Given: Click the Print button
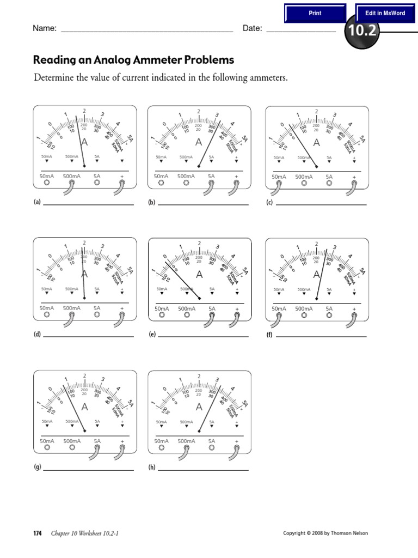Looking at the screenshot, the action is click(315, 13).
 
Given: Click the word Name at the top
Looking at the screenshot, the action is click(45, 28).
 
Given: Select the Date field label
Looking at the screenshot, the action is click(252, 28).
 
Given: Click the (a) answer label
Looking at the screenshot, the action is click(37, 202).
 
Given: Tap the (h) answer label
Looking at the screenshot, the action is click(152, 468).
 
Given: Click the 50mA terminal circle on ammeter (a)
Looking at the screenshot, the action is click(46, 184).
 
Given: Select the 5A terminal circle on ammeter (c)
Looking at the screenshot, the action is click(329, 184).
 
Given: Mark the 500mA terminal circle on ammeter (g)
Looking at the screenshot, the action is click(72, 448).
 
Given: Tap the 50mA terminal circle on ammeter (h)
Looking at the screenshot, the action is click(161, 448).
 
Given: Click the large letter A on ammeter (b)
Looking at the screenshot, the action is click(199, 143).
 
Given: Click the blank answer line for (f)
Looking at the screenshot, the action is click(321, 336).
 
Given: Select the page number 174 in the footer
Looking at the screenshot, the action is click(38, 533).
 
